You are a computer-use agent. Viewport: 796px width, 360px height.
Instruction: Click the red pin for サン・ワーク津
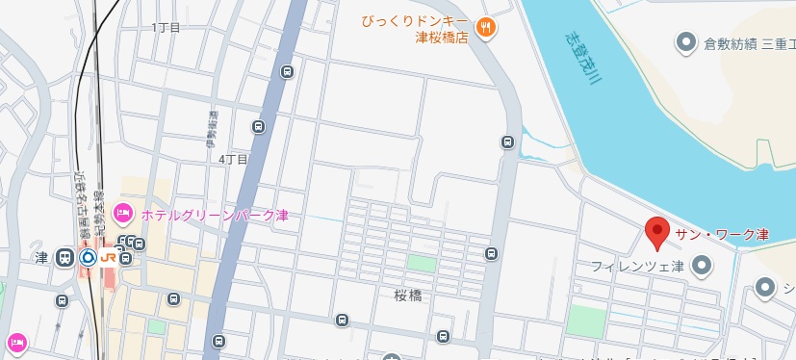656,232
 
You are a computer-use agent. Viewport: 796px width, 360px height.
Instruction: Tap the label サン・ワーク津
722,235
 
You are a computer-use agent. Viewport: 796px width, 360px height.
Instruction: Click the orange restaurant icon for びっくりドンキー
487,28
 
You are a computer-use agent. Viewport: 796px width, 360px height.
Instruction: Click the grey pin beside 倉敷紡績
685,42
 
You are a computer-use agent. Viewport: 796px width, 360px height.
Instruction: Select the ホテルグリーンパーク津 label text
214,214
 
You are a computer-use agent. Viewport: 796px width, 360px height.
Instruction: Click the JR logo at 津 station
108,258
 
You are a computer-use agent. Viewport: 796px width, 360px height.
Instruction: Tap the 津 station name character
41,258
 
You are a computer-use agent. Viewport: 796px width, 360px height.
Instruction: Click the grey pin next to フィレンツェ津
703,265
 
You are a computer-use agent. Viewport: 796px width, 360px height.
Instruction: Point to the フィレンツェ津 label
636,266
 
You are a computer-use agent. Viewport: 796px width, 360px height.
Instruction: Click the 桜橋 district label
408,294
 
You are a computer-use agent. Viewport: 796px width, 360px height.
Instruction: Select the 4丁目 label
234,159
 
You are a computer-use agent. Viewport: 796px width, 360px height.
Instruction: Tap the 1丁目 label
167,28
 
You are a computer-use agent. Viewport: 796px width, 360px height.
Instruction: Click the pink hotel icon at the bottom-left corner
15,341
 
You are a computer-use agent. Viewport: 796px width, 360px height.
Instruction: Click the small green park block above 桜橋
421,262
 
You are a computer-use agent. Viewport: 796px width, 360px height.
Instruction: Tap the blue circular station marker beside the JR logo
88,258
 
